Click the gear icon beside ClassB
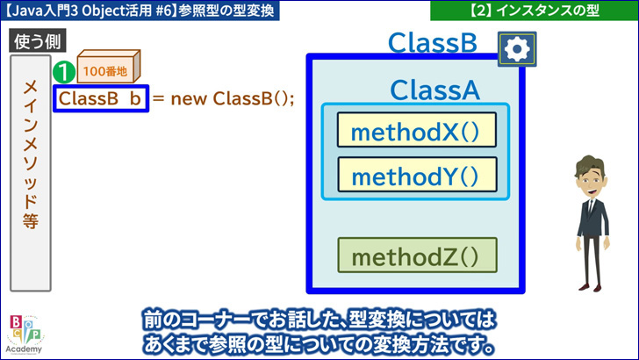pos(517,49)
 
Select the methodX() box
pos(416,130)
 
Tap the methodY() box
pos(417,175)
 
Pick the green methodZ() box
pos(417,256)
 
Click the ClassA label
pos(434,90)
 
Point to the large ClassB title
pos(432,42)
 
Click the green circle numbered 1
pos(64,72)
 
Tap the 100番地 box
pos(109,66)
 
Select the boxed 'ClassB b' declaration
pos(101,98)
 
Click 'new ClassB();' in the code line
pos(232,98)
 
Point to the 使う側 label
pos(38,40)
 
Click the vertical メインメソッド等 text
pos(31,155)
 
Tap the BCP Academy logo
pos(25,335)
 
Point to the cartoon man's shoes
pos(590,287)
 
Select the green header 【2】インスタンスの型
pos(535,11)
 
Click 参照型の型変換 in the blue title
pos(226,11)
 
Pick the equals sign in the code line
pos(159,98)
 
